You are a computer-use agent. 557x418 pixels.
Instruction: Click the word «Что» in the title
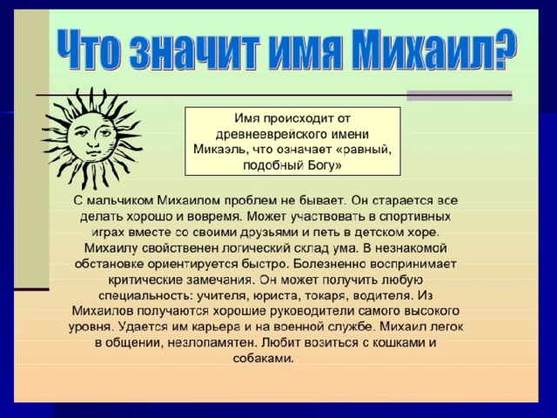click(x=90, y=49)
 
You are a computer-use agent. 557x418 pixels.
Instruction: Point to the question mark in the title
click(x=501, y=49)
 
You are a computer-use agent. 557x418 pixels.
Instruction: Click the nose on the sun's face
click(x=93, y=138)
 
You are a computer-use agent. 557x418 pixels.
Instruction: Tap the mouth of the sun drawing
click(x=94, y=152)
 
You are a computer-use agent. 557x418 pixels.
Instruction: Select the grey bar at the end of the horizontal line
click(x=460, y=96)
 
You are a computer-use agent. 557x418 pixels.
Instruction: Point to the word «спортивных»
click(x=415, y=217)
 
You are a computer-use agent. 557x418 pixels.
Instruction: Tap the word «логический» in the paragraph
click(x=255, y=248)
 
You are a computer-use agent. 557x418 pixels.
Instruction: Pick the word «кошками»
click(x=399, y=342)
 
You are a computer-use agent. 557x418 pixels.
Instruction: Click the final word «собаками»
click(x=264, y=359)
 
